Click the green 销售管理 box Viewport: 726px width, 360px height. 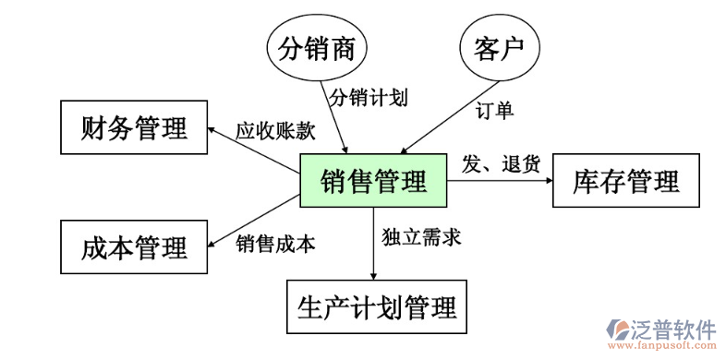tap(373, 181)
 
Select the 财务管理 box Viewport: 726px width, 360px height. tap(134, 127)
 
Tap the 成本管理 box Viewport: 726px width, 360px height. tap(134, 247)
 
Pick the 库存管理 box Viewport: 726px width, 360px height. tap(625, 181)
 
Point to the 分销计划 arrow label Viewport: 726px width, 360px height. tap(368, 95)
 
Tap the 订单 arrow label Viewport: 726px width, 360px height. tap(495, 110)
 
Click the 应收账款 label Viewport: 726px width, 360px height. tap(275, 130)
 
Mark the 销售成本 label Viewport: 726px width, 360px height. tap(275, 244)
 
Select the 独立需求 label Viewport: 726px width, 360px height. tap(421, 236)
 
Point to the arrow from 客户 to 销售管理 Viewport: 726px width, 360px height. tap(453, 116)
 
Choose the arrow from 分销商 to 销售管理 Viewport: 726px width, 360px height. tap(334, 115)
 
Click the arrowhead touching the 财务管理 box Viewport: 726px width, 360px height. tap(212, 131)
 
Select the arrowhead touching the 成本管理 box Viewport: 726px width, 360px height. tap(212, 242)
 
